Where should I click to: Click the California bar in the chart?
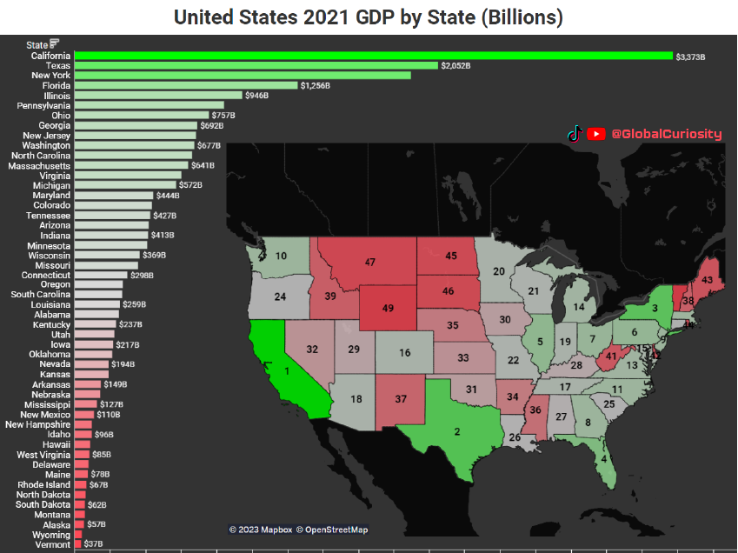tap(374, 56)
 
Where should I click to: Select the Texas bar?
tap(256, 65)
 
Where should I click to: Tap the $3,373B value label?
tap(691, 57)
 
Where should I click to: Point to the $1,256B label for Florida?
tap(316, 85)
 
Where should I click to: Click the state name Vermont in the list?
tap(54, 544)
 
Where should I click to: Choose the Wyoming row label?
tap(51, 535)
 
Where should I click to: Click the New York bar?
tap(243, 76)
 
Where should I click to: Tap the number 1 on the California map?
tap(286, 370)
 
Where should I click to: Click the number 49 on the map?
tap(389, 308)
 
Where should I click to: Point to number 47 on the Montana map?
tap(370, 262)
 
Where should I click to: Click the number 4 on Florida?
tap(603, 458)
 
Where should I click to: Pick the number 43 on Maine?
tap(708, 280)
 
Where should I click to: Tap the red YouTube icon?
tap(596, 134)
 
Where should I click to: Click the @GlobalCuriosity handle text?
tap(666, 134)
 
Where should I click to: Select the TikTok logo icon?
tap(574, 134)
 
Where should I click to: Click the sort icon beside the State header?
tap(55, 44)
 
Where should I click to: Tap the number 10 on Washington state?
tap(281, 256)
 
